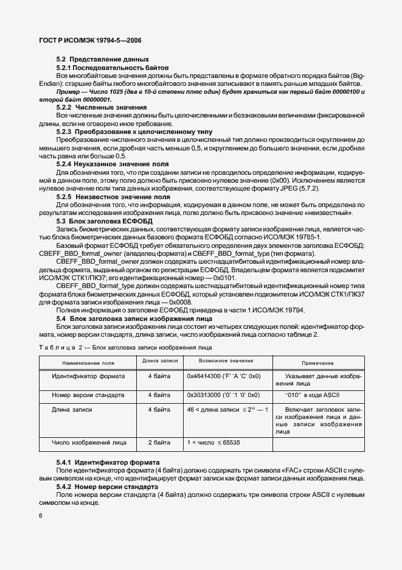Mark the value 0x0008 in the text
180,302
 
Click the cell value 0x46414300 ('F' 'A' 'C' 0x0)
224,377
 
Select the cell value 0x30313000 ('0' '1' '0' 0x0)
224,394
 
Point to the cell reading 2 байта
159,440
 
